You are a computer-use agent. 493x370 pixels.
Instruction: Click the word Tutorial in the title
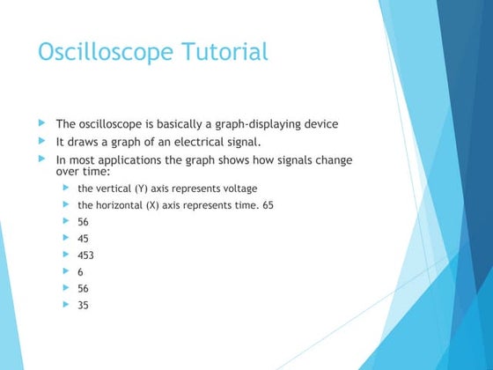(x=224, y=52)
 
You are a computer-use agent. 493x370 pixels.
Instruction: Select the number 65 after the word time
(x=268, y=205)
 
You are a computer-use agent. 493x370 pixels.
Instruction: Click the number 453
(x=86, y=255)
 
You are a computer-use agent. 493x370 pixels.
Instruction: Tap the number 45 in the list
(x=84, y=239)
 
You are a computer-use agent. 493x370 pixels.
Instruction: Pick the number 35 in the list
(x=84, y=305)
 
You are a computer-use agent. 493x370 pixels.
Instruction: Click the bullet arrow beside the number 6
(x=67, y=271)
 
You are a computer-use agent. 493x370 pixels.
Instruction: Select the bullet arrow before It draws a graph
(x=40, y=141)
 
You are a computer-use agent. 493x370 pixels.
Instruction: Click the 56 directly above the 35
(x=84, y=288)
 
